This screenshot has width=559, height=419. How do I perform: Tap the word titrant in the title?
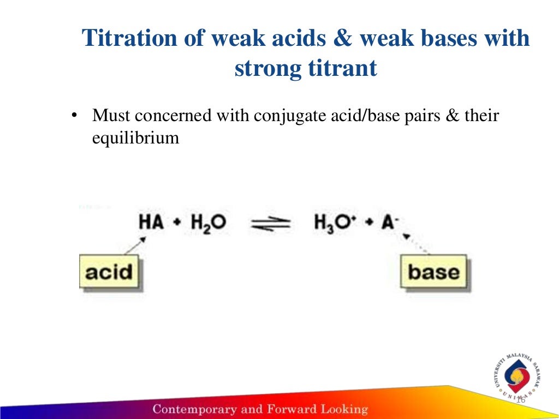[342, 69]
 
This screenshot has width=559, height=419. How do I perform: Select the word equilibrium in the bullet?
[135, 137]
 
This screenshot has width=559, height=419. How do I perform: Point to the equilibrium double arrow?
[270, 223]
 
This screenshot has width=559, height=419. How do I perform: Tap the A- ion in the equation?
[390, 223]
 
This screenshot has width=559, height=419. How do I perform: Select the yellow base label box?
[433, 271]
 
